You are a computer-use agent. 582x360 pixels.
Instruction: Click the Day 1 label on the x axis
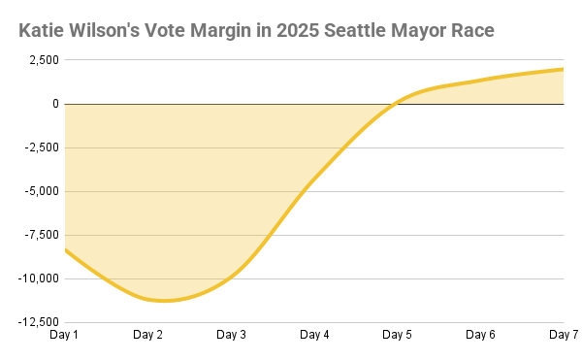pyautogui.click(x=64, y=335)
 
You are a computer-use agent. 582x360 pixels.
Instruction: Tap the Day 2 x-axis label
pyautogui.click(x=147, y=335)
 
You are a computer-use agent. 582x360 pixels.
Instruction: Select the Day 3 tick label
pyautogui.click(x=231, y=335)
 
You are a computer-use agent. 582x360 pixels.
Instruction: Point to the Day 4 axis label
pyautogui.click(x=314, y=335)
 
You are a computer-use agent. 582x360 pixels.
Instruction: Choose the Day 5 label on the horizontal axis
pyautogui.click(x=398, y=335)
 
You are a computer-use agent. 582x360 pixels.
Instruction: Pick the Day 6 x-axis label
pyautogui.click(x=481, y=335)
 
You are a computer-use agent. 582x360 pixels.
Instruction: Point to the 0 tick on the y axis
pyautogui.click(x=54, y=104)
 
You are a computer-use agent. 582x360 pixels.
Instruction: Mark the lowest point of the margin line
pyautogui.click(x=163, y=301)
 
